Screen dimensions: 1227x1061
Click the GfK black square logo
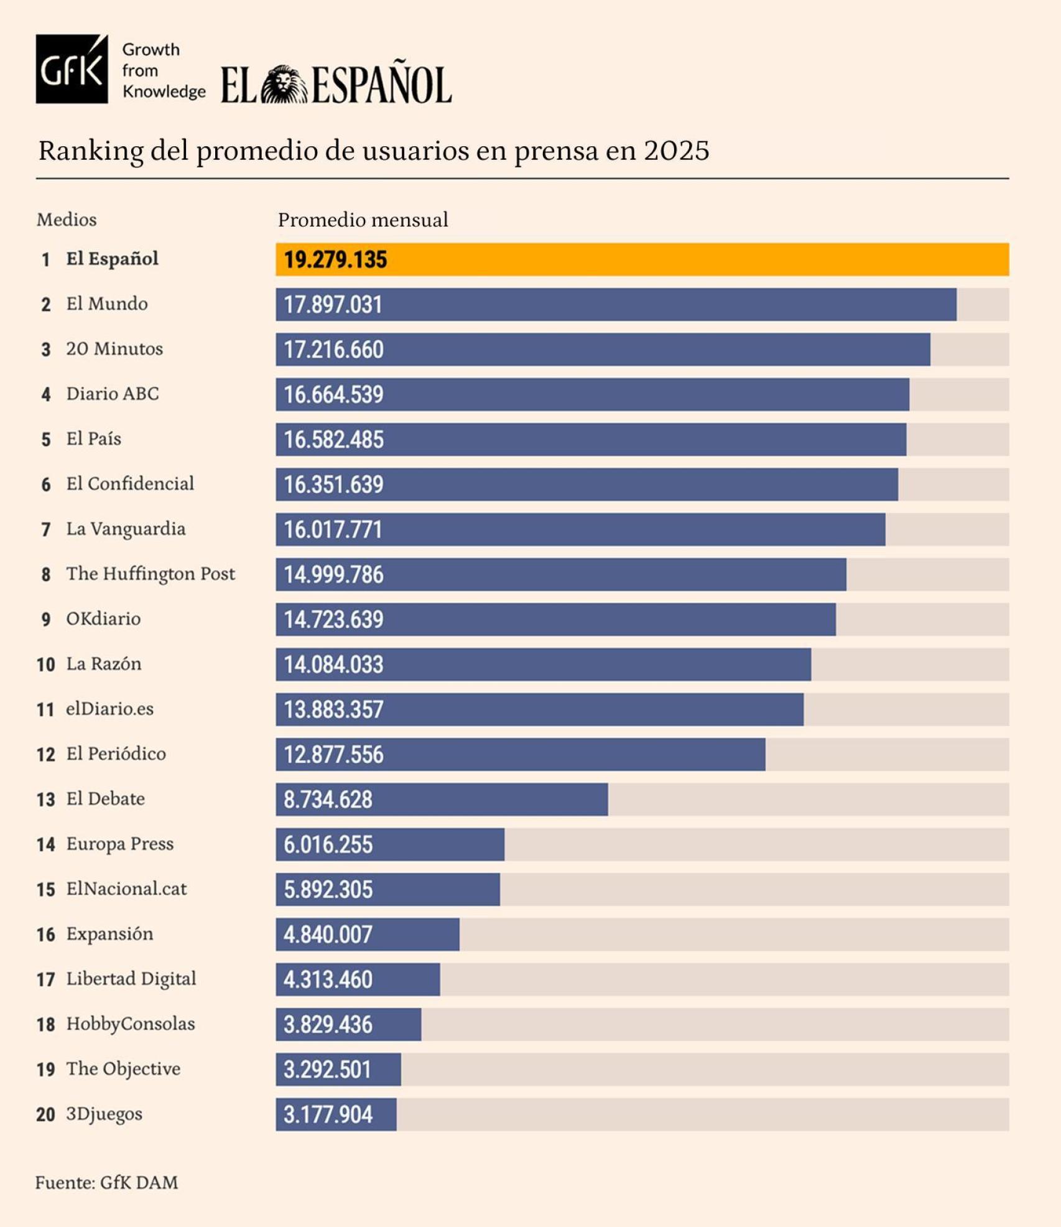[x=72, y=69]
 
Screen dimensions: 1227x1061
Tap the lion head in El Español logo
[x=284, y=85]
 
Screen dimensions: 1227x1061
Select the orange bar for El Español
[x=642, y=259]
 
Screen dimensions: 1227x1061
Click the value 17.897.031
[x=333, y=305]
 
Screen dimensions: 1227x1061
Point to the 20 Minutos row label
[x=114, y=349]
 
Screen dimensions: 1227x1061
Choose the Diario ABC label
[x=113, y=394]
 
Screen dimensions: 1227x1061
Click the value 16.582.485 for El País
[x=333, y=440]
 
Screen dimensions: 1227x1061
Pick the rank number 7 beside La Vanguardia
[x=46, y=530]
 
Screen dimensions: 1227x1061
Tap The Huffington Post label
[x=151, y=574]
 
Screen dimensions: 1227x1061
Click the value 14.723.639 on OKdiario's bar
[x=333, y=620]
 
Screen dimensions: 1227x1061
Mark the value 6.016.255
[x=328, y=845]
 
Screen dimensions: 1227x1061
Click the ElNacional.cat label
[x=126, y=889]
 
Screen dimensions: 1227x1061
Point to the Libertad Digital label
[x=131, y=979]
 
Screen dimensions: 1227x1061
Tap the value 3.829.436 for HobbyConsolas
[x=328, y=1025]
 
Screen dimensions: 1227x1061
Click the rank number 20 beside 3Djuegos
[x=46, y=1114]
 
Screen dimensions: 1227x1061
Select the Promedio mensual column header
[x=363, y=220]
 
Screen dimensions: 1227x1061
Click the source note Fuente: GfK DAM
[x=106, y=1183]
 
